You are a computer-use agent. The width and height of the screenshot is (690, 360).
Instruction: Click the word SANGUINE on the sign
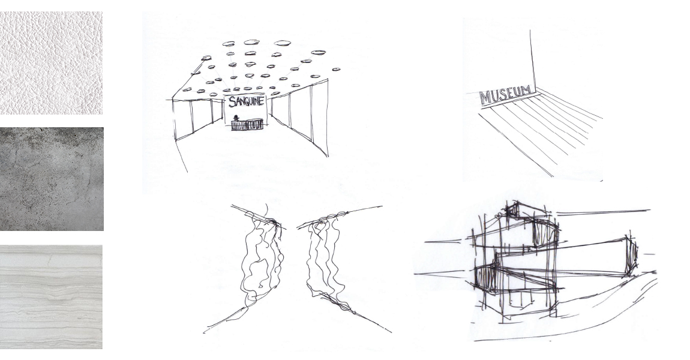[x=247, y=101]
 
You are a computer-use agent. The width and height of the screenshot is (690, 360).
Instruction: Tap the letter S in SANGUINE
[x=231, y=103]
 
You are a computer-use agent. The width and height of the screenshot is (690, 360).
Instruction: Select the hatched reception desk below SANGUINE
[x=247, y=125]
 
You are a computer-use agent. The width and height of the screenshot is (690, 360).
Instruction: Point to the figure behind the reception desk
[x=236, y=118]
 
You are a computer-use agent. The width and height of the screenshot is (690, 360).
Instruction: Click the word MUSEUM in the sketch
[x=505, y=95]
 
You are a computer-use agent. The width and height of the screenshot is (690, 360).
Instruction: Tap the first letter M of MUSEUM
[x=484, y=98]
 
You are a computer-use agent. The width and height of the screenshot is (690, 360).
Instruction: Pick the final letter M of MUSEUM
[x=525, y=91]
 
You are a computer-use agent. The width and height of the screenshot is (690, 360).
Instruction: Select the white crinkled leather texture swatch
[x=51, y=63]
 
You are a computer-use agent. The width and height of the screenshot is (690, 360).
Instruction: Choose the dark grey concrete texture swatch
[x=52, y=179]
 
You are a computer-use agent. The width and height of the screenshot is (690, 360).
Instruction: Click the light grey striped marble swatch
[x=51, y=297]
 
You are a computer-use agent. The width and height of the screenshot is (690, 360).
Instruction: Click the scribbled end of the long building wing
[x=632, y=255]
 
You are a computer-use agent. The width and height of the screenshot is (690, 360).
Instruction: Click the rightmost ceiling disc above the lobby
[x=336, y=69]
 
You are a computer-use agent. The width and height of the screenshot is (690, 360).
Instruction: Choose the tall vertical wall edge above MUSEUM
[x=533, y=59]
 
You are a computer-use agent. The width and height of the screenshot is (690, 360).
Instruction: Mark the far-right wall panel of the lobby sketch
[x=319, y=119]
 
